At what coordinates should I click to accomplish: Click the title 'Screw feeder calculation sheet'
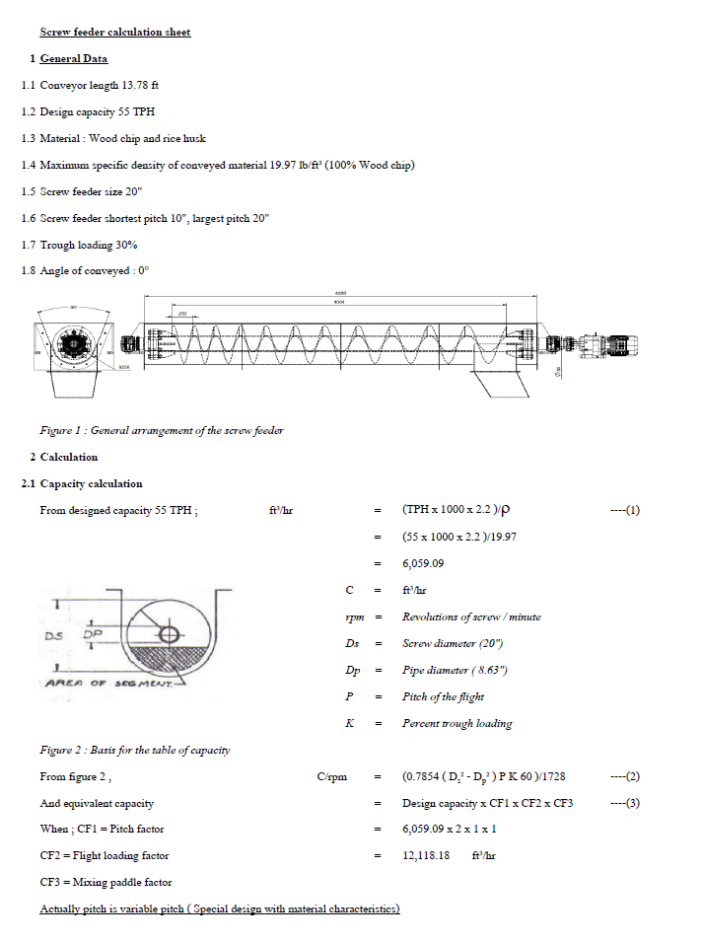115,32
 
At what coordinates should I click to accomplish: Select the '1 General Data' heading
74,58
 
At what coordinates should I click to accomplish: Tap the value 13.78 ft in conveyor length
139,85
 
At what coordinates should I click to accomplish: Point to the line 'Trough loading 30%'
89,244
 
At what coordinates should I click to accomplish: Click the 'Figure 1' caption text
162,430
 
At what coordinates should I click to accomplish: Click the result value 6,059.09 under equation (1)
423,563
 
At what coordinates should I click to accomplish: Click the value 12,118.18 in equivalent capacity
426,855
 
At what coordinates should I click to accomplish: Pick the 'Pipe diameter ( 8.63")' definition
455,670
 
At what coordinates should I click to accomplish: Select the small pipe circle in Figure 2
168,635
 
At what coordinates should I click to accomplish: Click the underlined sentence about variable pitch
219,908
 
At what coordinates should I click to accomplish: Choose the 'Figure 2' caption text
134,750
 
